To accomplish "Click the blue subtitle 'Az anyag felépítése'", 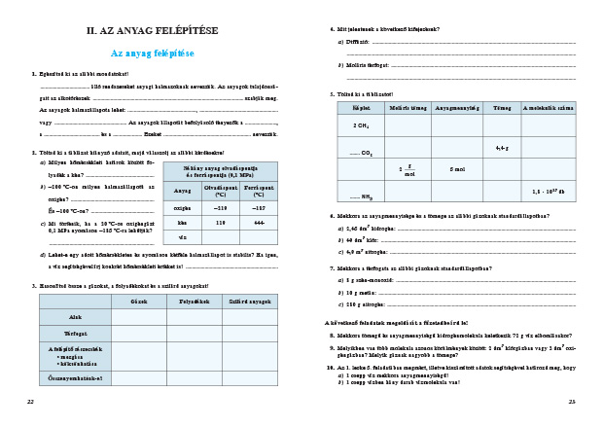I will [153, 53].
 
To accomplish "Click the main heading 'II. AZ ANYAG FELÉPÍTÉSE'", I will [153, 31].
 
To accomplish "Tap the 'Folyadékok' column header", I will [195, 302].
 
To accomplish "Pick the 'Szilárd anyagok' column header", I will [250, 302].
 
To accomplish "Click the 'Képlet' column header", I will [361, 107].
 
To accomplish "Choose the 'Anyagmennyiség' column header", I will [457, 107].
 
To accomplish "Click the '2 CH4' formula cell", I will [361, 125].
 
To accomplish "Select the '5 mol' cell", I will [457, 168].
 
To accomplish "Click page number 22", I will [30, 401].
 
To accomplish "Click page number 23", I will [572, 401].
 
